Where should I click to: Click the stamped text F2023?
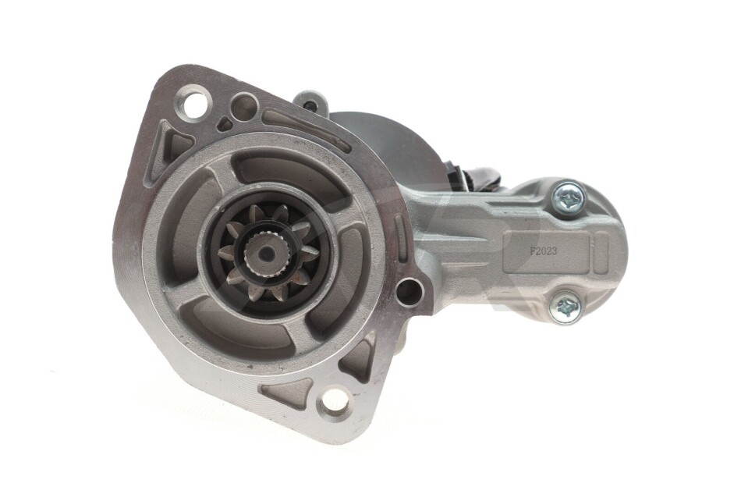click(543, 251)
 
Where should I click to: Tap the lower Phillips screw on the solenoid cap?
click(565, 307)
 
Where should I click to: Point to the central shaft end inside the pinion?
click(267, 254)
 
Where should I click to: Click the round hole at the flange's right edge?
click(409, 290)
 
